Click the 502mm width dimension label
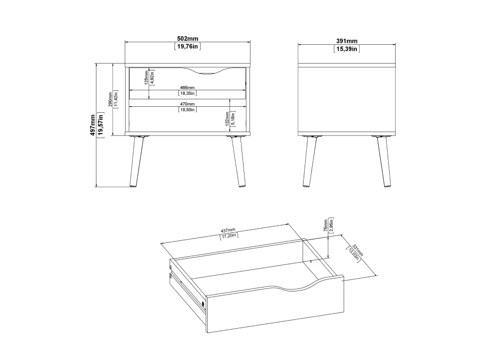(187, 39)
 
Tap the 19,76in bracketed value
(187, 47)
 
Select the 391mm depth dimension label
(346, 41)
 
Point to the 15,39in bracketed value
(346, 49)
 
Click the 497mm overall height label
(92, 125)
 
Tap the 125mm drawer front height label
(146, 77)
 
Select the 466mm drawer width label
(187, 87)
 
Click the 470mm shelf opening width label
(187, 104)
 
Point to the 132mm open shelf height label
(227, 119)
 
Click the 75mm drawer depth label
(325, 225)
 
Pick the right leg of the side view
(383, 161)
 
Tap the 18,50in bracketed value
(187, 110)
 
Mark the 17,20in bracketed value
(229, 236)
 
